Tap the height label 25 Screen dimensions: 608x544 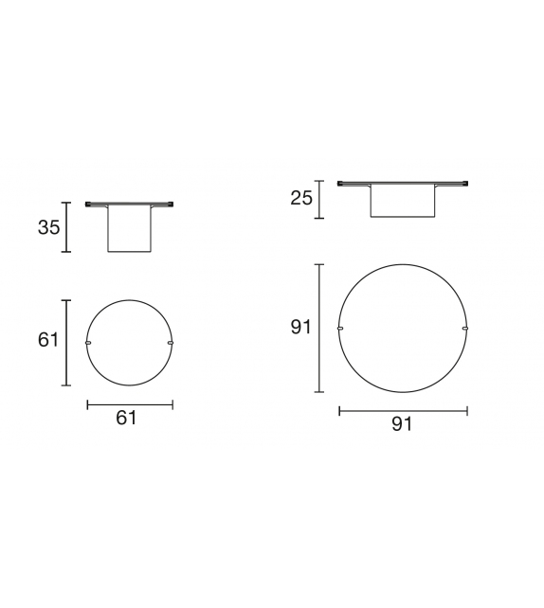click(300, 198)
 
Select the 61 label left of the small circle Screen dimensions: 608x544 click(48, 340)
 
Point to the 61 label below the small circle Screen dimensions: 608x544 click(127, 418)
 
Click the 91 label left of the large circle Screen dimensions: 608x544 click(301, 328)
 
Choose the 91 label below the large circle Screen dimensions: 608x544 click(402, 424)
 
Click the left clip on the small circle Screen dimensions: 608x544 click(87, 342)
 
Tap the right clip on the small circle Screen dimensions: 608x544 click(171, 342)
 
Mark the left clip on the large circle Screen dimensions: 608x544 click(339, 328)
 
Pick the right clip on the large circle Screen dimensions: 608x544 click(465, 328)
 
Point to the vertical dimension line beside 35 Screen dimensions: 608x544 click(66, 227)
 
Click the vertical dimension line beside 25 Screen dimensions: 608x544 click(320, 198)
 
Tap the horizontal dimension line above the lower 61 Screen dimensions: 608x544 click(129, 404)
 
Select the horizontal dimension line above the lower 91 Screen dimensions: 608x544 click(402, 410)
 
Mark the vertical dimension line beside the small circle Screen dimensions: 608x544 click(66, 342)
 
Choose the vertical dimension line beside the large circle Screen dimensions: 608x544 click(320, 328)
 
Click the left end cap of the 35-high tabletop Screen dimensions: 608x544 click(89, 204)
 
